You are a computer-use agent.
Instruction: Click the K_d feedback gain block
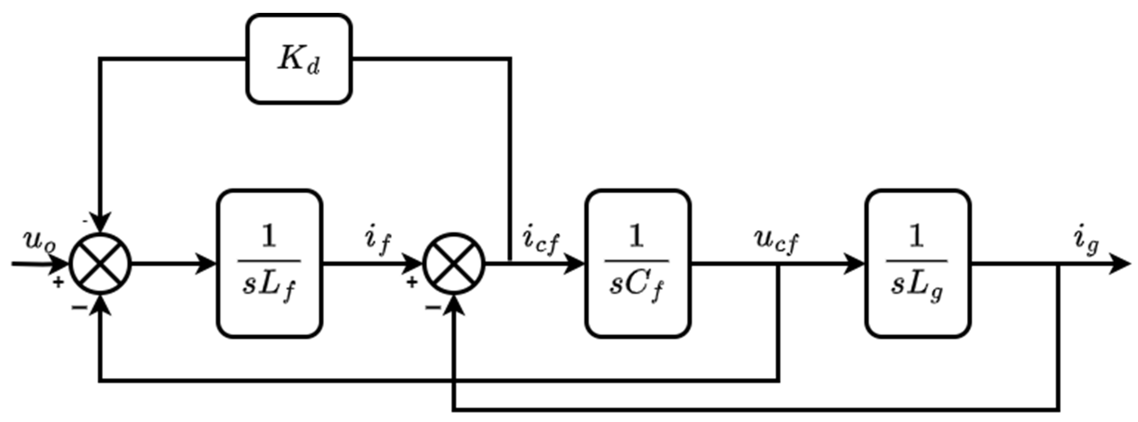click(299, 59)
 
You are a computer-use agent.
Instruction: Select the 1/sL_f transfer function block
click(269, 264)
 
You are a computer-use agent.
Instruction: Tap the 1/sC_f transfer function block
click(637, 264)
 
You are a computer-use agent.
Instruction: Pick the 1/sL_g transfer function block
click(917, 264)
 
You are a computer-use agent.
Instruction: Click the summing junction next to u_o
click(101, 264)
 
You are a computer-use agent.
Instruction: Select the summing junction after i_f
click(454, 264)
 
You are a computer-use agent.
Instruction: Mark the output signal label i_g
click(1086, 242)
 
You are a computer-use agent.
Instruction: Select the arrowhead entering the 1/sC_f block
click(574, 264)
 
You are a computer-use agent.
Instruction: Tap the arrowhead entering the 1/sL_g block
click(854, 264)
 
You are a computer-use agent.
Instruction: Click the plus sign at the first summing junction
click(58, 282)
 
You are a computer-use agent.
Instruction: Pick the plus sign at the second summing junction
click(411, 282)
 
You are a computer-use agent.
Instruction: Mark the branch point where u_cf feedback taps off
click(778, 264)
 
